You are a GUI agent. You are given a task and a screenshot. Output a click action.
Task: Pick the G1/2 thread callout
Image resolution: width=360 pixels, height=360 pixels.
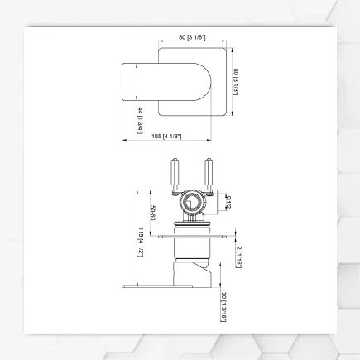pos(228,200)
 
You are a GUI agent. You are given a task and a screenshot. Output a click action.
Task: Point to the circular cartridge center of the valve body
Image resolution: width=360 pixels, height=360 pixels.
pos(191,201)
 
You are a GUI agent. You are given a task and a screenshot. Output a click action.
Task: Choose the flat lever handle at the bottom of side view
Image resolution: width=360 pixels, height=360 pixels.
pos(166,288)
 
